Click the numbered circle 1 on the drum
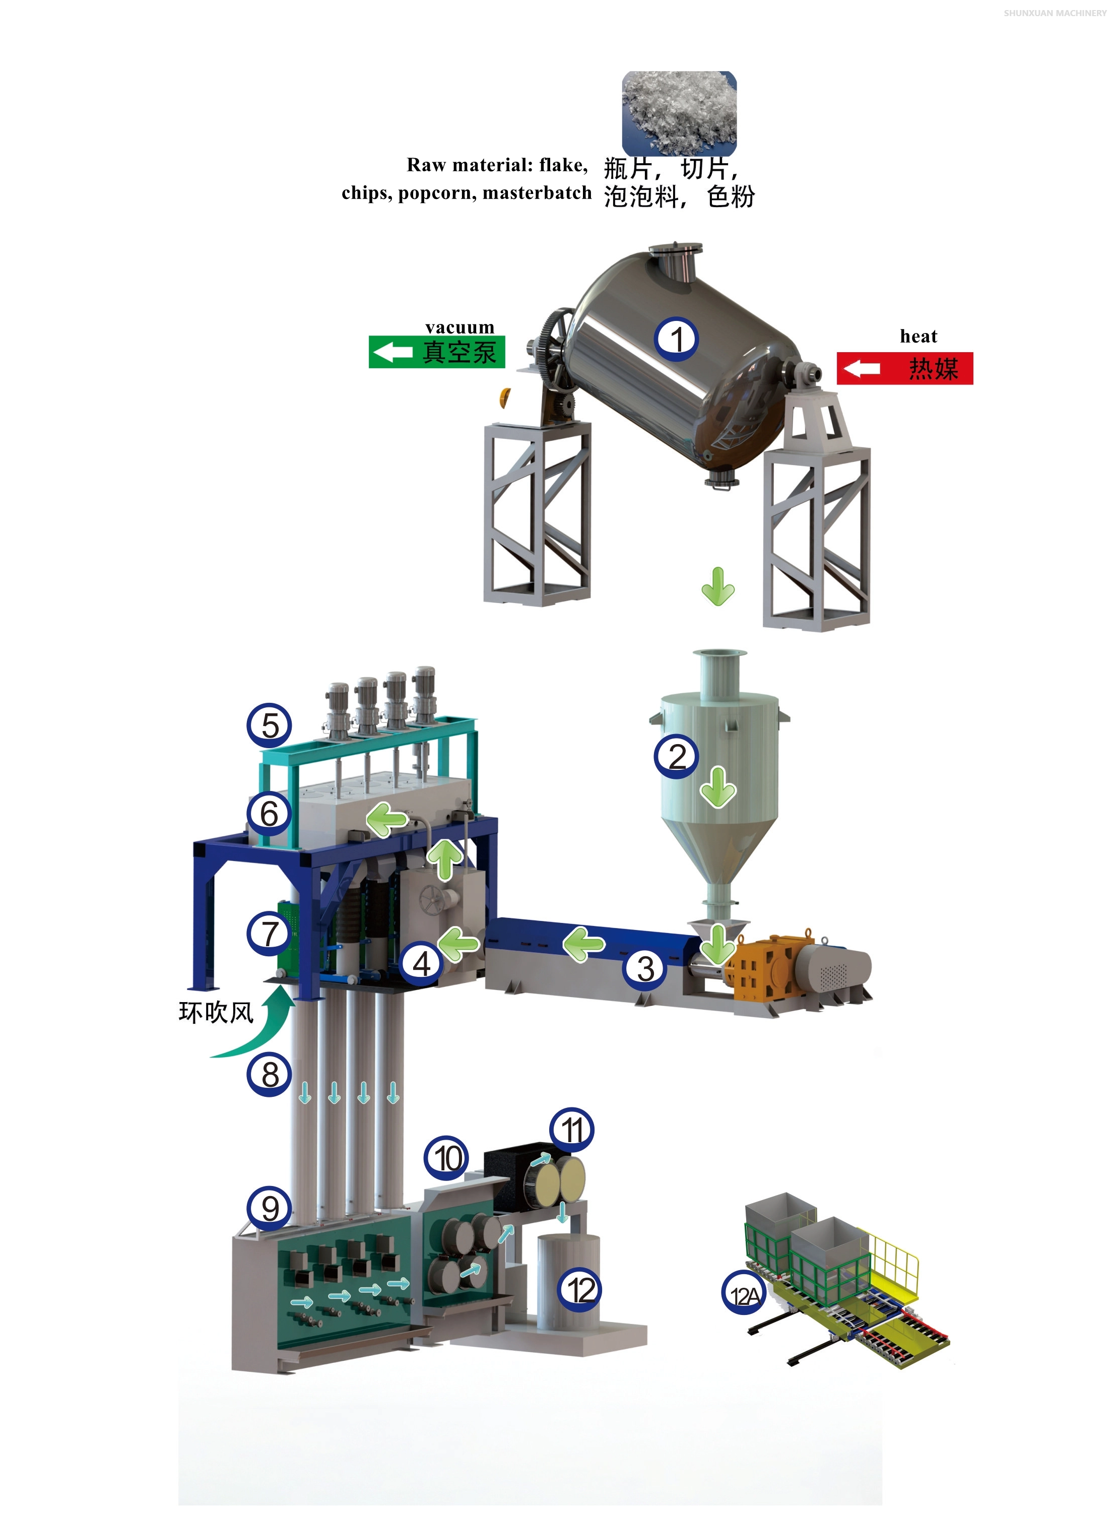[x=676, y=338]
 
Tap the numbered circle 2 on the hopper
[x=676, y=756]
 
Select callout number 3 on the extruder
[x=645, y=968]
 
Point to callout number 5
[x=270, y=725]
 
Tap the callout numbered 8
[x=269, y=1074]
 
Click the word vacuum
[x=460, y=327]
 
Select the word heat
[x=918, y=336]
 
